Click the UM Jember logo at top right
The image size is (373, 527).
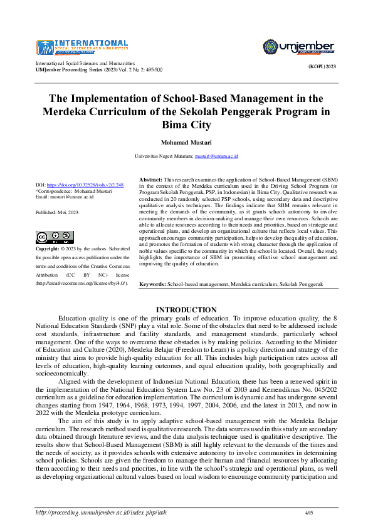tap(297, 47)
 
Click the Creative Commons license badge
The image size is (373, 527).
tap(50, 237)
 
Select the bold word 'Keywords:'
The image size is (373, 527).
tap(152, 284)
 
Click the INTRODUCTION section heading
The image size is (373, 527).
tap(186, 310)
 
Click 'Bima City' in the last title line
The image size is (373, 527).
tap(186, 125)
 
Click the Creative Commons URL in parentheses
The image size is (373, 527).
tap(81, 283)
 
